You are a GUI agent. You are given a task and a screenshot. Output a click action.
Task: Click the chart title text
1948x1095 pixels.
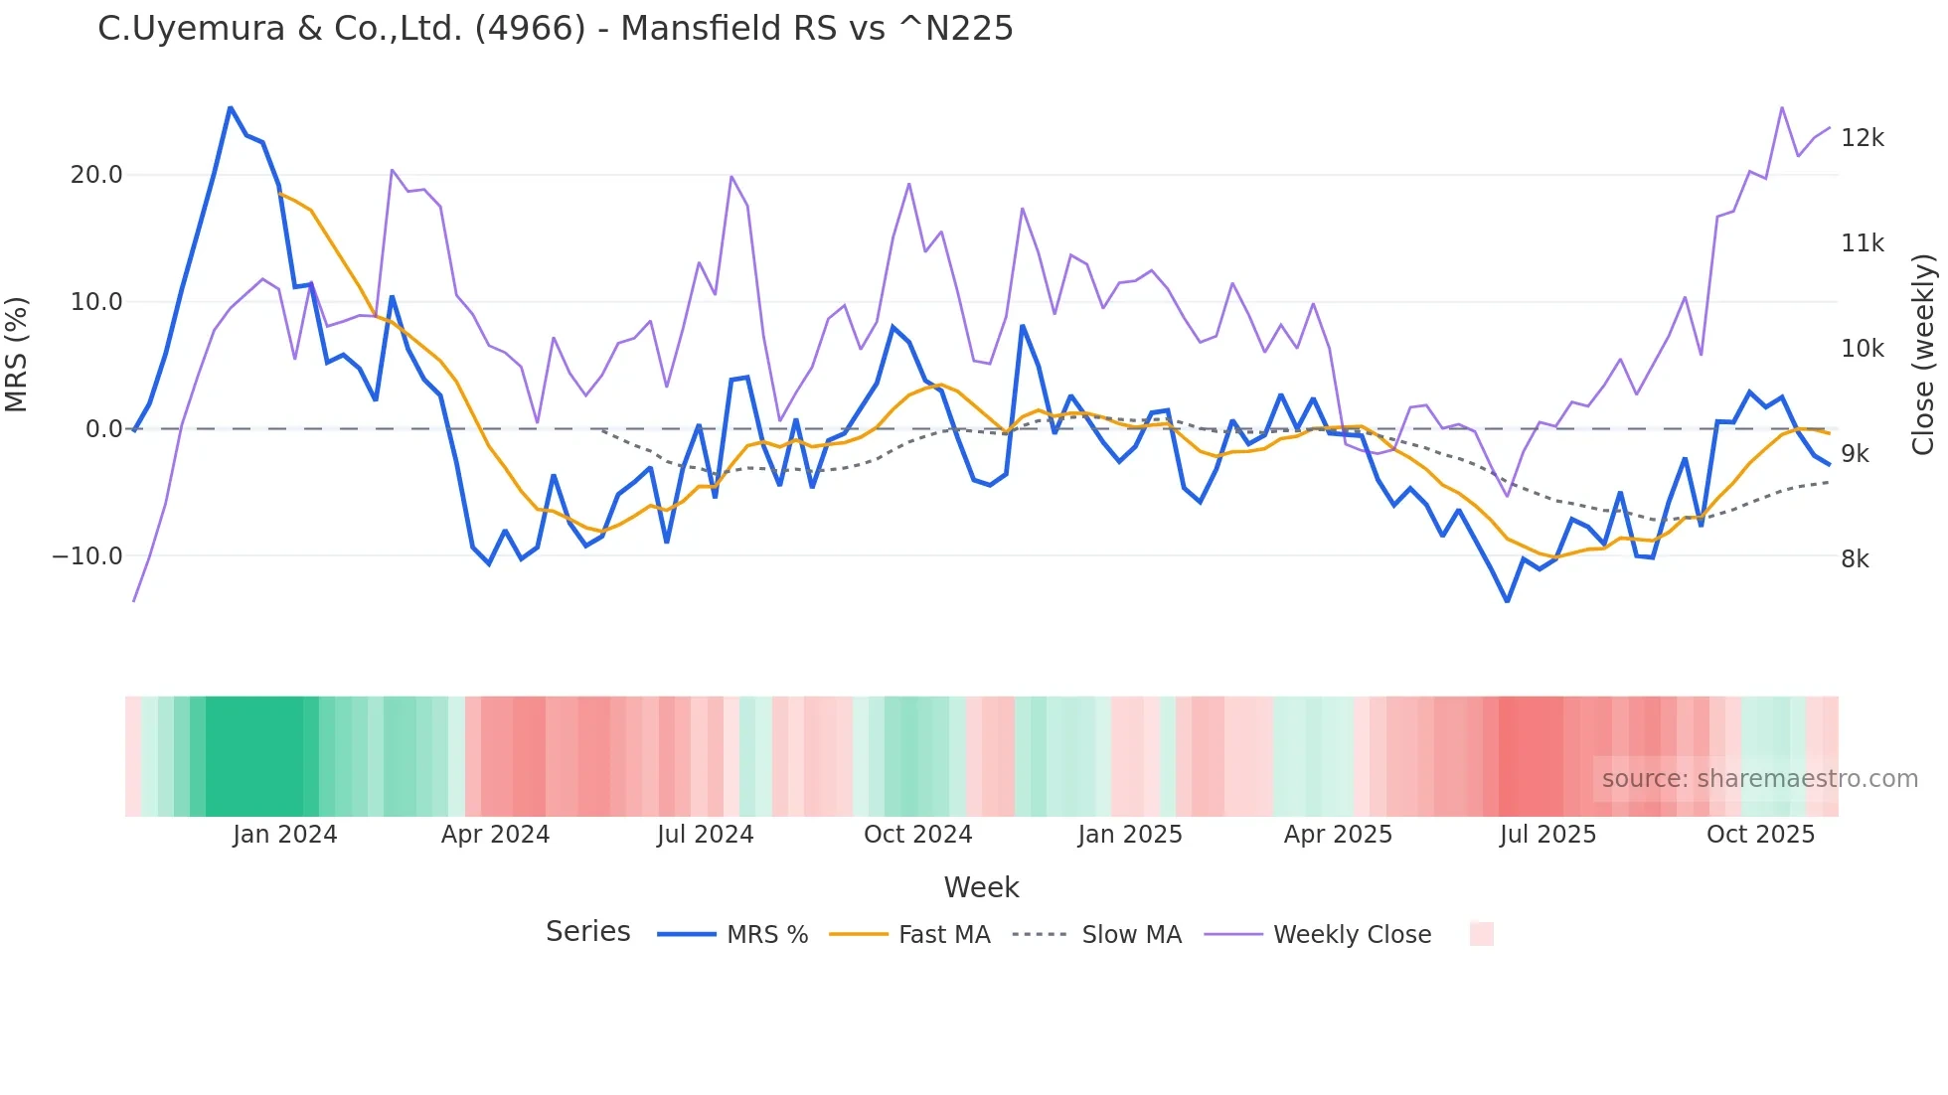(x=555, y=29)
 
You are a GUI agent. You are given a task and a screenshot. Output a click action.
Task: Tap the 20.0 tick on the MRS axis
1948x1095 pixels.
(x=96, y=175)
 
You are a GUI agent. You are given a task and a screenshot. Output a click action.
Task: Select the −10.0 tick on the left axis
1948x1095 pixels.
(x=87, y=556)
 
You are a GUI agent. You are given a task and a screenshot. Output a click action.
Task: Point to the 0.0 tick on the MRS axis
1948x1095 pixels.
(x=104, y=429)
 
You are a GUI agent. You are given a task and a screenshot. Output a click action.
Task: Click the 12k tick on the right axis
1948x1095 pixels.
(x=1862, y=138)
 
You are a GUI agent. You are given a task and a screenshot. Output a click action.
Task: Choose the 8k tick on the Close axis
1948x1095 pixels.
(x=1855, y=559)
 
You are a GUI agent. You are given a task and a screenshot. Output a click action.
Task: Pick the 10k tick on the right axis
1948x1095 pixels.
(x=1862, y=349)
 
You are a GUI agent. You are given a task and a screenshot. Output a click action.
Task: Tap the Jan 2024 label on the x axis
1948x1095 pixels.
(x=285, y=835)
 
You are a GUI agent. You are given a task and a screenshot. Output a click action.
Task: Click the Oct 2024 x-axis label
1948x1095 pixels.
(x=917, y=835)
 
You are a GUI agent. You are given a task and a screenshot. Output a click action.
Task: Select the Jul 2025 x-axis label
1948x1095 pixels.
(x=1547, y=835)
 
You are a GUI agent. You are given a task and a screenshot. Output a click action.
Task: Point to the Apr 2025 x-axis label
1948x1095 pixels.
(x=1338, y=835)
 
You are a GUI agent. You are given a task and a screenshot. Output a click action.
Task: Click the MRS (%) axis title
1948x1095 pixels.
(x=17, y=355)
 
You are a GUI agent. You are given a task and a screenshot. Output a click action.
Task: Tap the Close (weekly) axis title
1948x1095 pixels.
(x=1923, y=355)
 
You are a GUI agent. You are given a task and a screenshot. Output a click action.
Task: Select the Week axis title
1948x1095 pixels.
(x=981, y=887)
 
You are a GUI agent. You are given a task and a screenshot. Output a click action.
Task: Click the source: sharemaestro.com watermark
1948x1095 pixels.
(x=1759, y=779)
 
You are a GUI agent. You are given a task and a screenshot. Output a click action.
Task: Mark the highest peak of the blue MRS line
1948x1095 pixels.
(x=231, y=107)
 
